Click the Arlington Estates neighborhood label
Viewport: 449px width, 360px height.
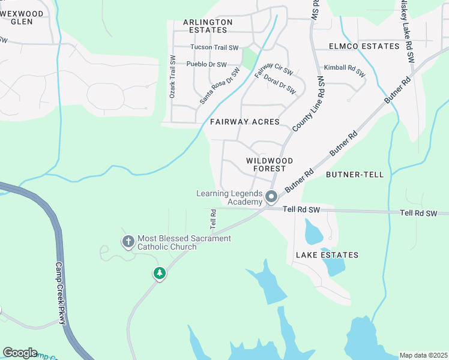[x=208, y=26]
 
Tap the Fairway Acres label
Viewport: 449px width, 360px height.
[x=245, y=122]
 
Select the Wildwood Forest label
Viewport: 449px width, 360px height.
[x=270, y=165]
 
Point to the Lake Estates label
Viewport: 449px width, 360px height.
[x=327, y=255]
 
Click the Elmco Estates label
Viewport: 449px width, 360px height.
[x=364, y=46]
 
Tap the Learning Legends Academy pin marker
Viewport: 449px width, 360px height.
[x=271, y=197]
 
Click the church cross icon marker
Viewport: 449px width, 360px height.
[x=128, y=242]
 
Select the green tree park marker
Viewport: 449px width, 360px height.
[x=159, y=274]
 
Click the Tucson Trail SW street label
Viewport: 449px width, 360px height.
[x=214, y=47]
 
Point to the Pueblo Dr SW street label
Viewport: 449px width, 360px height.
[x=206, y=64]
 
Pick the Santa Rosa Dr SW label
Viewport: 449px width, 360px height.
[x=220, y=86]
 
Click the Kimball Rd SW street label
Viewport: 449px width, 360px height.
[x=345, y=71]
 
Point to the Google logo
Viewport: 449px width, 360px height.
[x=20, y=353]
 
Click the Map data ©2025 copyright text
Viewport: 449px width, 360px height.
[x=423, y=355]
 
